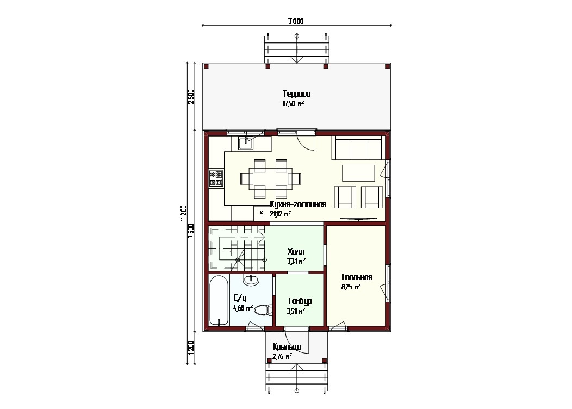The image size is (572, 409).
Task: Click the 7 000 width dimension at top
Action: pos(296,21)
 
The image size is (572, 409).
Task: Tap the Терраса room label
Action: pos(296,94)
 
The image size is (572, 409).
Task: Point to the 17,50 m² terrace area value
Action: pos(293,104)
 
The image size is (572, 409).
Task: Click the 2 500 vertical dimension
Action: pos(191,97)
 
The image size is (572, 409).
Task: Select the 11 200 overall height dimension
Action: pos(183,213)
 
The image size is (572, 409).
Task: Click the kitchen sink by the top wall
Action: pos(246,142)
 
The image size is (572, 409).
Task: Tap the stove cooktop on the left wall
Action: pos(216,178)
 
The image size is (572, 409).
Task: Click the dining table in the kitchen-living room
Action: pos(271,178)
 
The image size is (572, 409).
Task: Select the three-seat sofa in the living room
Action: pos(359,148)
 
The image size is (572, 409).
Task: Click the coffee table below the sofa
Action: pos(359,173)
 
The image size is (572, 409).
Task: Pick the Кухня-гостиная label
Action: pos(297,205)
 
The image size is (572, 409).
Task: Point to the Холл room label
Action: pos(296,252)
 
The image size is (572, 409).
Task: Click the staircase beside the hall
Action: pos(237,249)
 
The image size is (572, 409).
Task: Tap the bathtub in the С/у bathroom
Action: pos(219,300)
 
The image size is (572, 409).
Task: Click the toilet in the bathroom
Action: pos(263,311)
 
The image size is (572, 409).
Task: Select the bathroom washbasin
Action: pos(251,280)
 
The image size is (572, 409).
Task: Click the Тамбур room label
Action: pos(300,301)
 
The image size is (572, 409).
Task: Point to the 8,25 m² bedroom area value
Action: pos(351,287)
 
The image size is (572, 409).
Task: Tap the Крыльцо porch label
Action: pos(287,346)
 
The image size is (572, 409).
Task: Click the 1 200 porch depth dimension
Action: pos(191,346)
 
